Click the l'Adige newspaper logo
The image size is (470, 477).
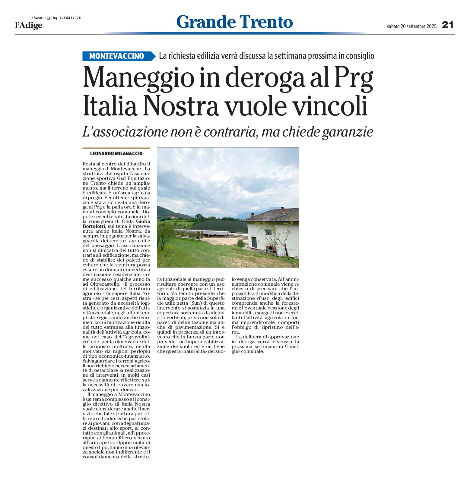coord(29,25)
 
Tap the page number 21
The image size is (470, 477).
coord(448,25)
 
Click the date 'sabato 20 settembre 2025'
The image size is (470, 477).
coord(411,26)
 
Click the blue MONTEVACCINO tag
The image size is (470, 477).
coord(117,56)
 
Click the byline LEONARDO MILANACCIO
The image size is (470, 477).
coord(116,154)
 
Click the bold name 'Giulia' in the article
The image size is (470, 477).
coord(143,221)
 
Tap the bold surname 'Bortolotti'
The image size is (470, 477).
coord(94,226)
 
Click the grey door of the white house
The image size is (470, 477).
coord(254,242)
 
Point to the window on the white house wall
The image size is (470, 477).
coord(268,232)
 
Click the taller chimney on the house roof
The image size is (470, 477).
coord(283,210)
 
